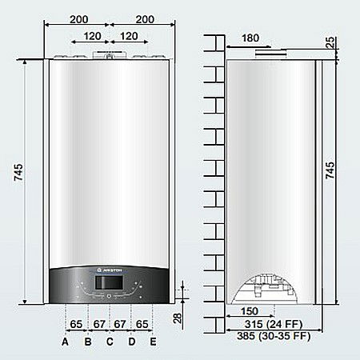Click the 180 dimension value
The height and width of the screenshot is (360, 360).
250,38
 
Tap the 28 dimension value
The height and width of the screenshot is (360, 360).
178,318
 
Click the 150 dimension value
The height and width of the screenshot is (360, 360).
248,310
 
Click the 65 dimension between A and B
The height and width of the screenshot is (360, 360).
77,323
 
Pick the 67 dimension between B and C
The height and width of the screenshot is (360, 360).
98,323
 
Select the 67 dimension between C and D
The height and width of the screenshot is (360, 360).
120,323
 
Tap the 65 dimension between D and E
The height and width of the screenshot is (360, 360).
142,323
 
